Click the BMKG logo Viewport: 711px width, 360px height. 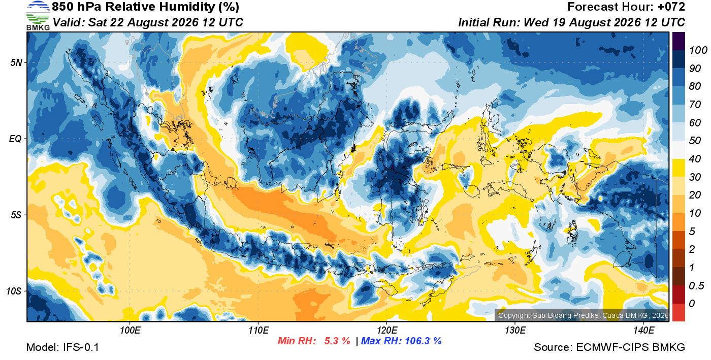[38, 16]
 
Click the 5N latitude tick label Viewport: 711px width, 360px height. [16, 62]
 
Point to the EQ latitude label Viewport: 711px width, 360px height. [16, 139]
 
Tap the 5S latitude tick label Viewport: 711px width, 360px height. [16, 215]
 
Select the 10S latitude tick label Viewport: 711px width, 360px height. [14, 291]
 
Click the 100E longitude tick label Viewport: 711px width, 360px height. [130, 330]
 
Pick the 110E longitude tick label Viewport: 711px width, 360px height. [258, 330]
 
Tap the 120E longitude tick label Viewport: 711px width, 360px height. [387, 330]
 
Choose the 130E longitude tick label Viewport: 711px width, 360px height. [515, 330]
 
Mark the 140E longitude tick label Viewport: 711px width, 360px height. [644, 330]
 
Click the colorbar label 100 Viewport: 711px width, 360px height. [698, 50]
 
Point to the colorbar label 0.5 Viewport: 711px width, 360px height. [696, 285]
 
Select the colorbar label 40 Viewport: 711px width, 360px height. [695, 159]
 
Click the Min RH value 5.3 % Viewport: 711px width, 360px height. [337, 341]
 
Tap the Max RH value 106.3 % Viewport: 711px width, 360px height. [423, 341]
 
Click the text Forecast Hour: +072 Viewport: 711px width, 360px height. [626, 7]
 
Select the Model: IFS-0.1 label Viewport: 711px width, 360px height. [62, 347]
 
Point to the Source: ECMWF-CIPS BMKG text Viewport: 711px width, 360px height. [609, 347]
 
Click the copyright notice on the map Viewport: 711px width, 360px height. [583, 315]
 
